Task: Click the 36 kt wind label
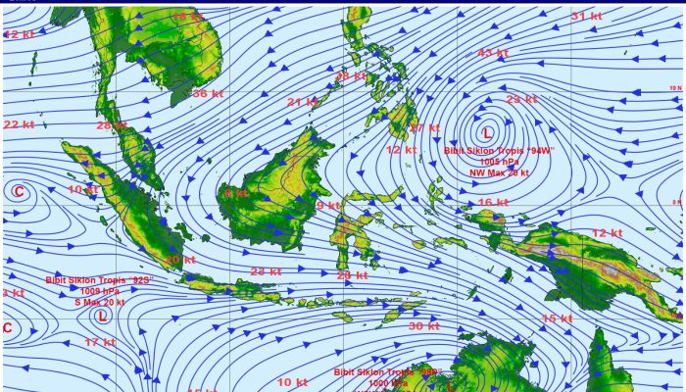pyautogui.click(x=207, y=94)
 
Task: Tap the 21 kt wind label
pyautogui.click(x=302, y=102)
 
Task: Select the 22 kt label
pyautogui.click(x=19, y=124)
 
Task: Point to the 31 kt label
pyautogui.click(x=586, y=17)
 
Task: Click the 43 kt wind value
pyautogui.click(x=492, y=53)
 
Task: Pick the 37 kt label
pyautogui.click(x=424, y=128)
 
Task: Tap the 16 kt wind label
pyautogui.click(x=493, y=203)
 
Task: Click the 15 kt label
pyautogui.click(x=557, y=318)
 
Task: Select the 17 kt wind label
pyautogui.click(x=99, y=342)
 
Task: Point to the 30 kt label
pyautogui.click(x=423, y=325)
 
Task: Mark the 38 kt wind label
pyautogui.click(x=351, y=76)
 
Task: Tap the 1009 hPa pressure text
pyautogui.click(x=99, y=291)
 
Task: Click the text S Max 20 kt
pyautogui.click(x=100, y=303)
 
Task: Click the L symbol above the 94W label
pyautogui.click(x=487, y=132)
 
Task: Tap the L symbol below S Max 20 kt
pyautogui.click(x=102, y=316)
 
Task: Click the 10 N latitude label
pyautogui.click(x=674, y=89)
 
